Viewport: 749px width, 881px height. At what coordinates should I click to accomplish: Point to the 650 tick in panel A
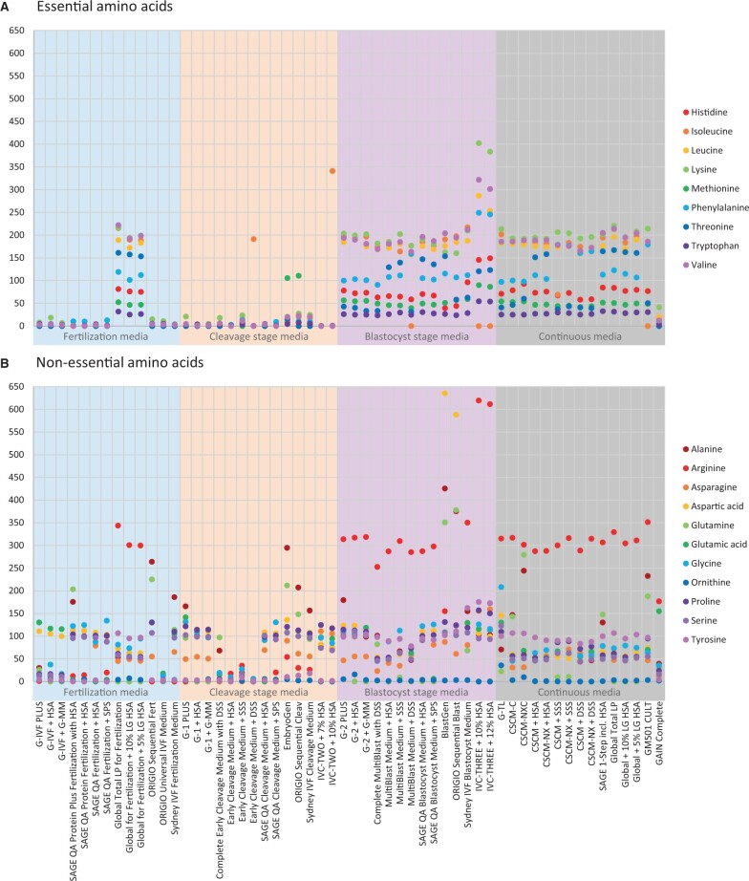(17, 31)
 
